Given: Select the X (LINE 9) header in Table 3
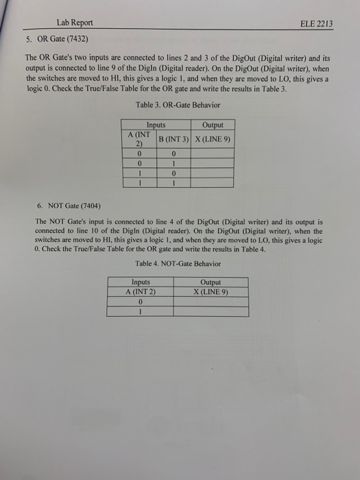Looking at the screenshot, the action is (x=213, y=140).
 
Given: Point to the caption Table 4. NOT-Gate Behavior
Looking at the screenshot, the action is (x=178, y=263).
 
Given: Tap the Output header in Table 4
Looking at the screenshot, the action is (x=210, y=282).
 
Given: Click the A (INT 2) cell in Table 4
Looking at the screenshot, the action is (x=140, y=291).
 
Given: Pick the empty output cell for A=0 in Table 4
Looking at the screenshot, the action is (x=210, y=300).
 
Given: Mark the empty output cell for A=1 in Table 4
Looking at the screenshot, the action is (x=210, y=311).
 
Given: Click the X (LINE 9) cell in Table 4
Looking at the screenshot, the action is (x=210, y=291).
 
